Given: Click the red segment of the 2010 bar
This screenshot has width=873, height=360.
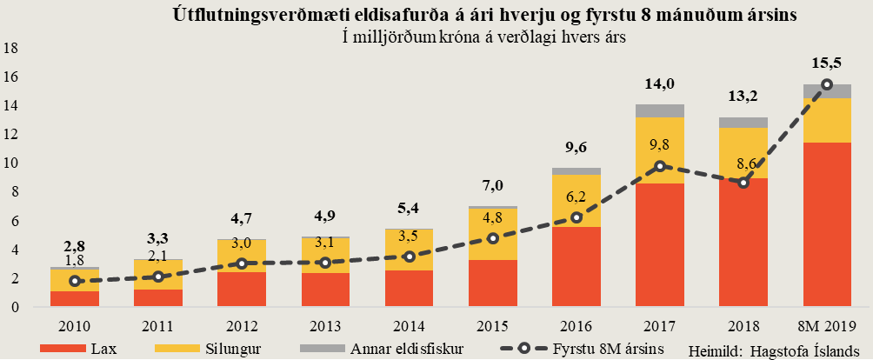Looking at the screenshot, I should [74, 298].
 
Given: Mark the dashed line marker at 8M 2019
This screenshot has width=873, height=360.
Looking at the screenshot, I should [827, 84].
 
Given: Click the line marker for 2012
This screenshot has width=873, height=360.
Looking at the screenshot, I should [242, 263].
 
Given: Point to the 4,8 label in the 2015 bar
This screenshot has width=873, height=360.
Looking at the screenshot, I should [494, 217].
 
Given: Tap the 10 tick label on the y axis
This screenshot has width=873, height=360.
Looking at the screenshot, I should [11, 163].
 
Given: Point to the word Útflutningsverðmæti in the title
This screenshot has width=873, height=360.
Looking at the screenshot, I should [239, 15].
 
